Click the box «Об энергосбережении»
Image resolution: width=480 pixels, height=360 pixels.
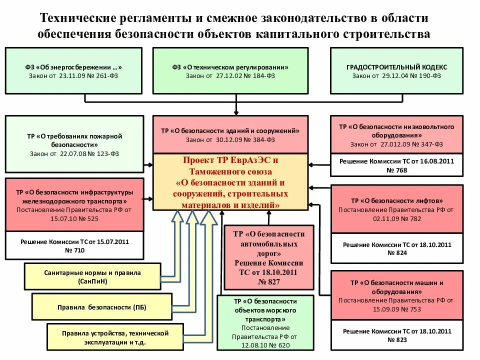point(73,70)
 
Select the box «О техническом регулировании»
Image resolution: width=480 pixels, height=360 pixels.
point(230,70)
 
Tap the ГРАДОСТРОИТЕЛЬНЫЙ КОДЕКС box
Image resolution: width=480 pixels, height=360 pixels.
point(396,70)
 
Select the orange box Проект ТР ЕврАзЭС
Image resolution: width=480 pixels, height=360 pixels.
point(230,182)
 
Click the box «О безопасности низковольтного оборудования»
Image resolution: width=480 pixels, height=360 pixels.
point(396,135)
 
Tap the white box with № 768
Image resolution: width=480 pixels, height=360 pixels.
point(396,166)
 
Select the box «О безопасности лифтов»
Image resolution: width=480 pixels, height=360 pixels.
point(396,209)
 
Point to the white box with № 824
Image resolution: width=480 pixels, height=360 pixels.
point(396,248)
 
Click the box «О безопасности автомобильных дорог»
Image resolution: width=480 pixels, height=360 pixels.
point(268,257)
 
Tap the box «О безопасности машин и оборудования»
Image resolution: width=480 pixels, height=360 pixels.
point(396,295)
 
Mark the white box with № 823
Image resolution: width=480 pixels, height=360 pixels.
point(396,335)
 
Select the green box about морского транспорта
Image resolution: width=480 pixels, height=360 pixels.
point(265,322)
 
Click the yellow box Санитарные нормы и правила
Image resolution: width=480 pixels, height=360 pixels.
point(92,276)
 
